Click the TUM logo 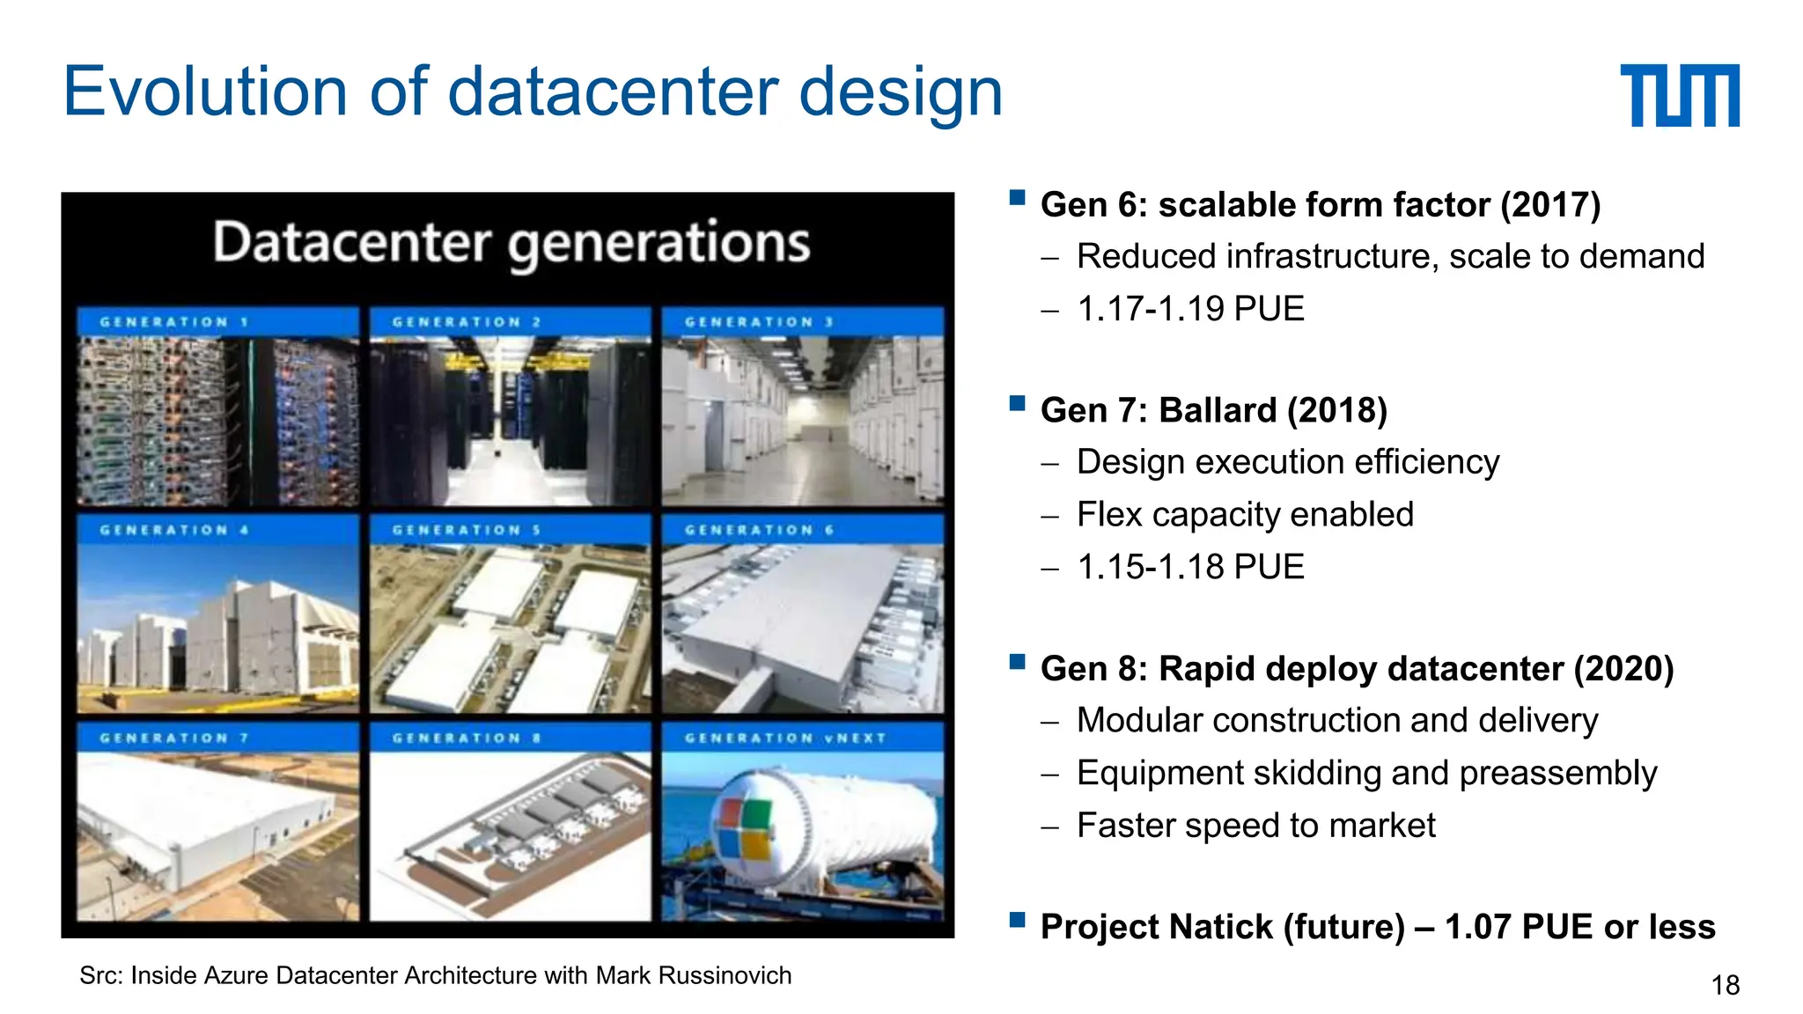pyautogui.click(x=1679, y=95)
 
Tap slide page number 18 pyautogui.click(x=1725, y=985)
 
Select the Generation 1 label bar pyautogui.click(x=217, y=321)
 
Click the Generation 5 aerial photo pyautogui.click(x=510, y=628)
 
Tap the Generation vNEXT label pyautogui.click(x=785, y=738)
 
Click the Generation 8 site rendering pyautogui.click(x=510, y=836)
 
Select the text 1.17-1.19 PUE pyautogui.click(x=1189, y=309)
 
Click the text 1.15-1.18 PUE pyautogui.click(x=1189, y=567)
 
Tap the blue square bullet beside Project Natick pyautogui.click(x=1018, y=920)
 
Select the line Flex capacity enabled pyautogui.click(x=1245, y=514)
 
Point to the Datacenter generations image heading pyautogui.click(x=511, y=243)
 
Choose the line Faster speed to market pyautogui.click(x=1255, y=826)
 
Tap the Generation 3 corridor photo pyautogui.click(x=802, y=421)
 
